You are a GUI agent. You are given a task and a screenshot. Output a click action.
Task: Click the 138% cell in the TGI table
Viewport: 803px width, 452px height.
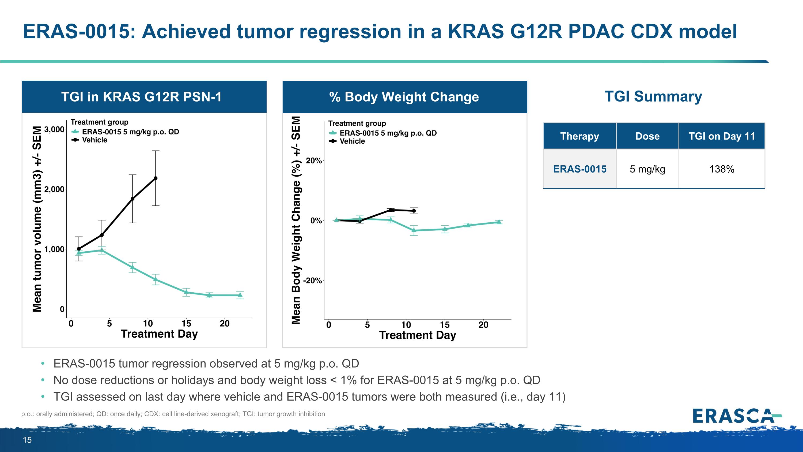click(x=722, y=169)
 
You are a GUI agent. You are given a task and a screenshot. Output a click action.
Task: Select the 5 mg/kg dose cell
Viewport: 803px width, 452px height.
click(x=647, y=169)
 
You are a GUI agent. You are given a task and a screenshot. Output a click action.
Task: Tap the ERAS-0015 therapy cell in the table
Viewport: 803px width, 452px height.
click(x=579, y=169)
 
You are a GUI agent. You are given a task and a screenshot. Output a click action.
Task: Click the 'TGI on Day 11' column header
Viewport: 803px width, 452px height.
click(x=722, y=136)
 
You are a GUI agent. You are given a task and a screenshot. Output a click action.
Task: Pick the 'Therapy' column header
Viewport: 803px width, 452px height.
click(x=579, y=136)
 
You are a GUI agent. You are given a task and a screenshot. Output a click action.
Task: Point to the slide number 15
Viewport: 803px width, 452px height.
click(x=27, y=440)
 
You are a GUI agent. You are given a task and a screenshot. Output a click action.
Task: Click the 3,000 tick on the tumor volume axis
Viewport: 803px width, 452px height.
click(x=54, y=129)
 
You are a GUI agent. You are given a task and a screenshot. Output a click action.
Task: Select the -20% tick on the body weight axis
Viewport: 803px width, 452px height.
click(x=312, y=281)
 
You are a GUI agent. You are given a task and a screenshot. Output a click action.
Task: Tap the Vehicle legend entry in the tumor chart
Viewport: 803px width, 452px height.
click(x=94, y=140)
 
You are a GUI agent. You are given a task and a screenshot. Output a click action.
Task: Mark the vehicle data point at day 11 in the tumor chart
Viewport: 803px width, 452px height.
click(x=156, y=178)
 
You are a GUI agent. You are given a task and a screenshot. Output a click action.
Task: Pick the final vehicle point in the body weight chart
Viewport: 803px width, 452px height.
click(x=414, y=211)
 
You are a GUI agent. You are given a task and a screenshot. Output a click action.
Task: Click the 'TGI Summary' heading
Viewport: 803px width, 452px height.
click(x=653, y=96)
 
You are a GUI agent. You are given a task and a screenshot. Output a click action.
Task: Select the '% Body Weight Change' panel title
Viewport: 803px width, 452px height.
click(x=404, y=97)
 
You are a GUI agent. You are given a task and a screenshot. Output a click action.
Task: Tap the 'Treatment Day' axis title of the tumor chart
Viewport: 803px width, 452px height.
click(x=159, y=334)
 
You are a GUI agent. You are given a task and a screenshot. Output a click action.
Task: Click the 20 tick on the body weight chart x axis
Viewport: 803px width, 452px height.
click(x=483, y=325)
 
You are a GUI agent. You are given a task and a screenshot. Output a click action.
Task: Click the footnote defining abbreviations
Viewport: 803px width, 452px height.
click(x=173, y=414)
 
